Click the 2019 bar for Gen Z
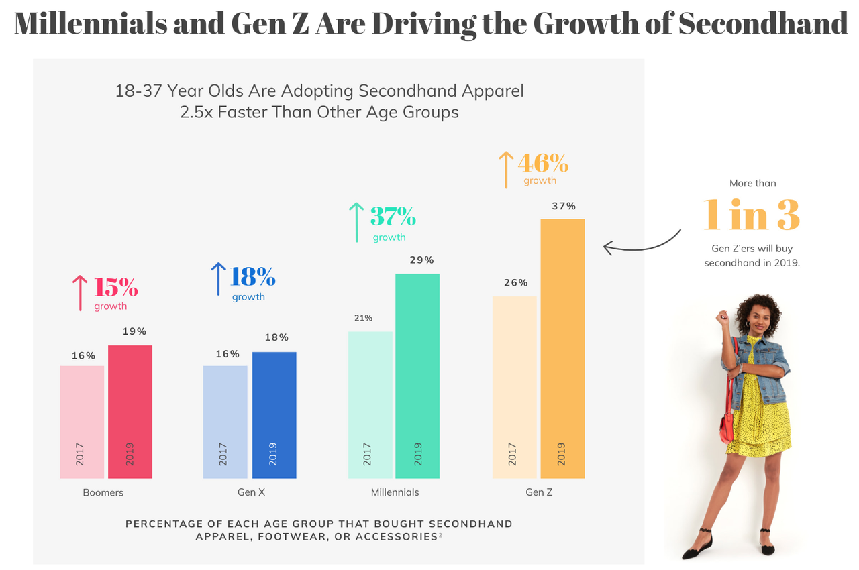pyautogui.click(x=562, y=349)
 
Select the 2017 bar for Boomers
pyautogui.click(x=82, y=422)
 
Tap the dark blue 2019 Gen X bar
pyautogui.click(x=274, y=415)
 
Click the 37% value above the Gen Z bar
pyautogui.click(x=564, y=206)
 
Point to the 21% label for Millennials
pyautogui.click(x=363, y=318)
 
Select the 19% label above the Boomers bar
pyautogui.click(x=134, y=331)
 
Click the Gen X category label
pyautogui.click(x=252, y=492)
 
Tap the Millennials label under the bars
pyautogui.click(x=395, y=492)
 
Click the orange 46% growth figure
pyautogui.click(x=543, y=163)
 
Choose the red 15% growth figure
pyautogui.click(x=115, y=287)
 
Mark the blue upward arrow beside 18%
pyautogui.click(x=218, y=279)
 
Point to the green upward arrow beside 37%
pyautogui.click(x=356, y=222)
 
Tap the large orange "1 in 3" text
pyautogui.click(x=752, y=215)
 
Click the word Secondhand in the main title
pyautogui.click(x=763, y=23)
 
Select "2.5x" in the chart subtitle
pyautogui.click(x=197, y=112)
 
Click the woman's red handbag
pyautogui.click(x=727, y=426)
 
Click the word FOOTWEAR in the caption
pyautogui.click(x=293, y=536)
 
